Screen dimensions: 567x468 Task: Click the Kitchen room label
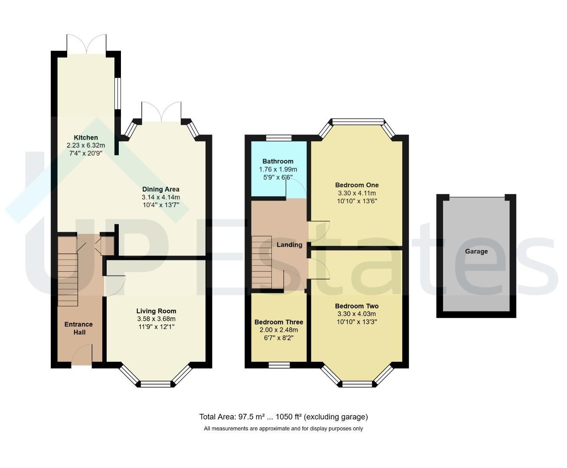click(86, 137)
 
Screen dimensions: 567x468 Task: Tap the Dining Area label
click(161, 189)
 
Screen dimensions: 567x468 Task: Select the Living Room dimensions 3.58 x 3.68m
click(156, 318)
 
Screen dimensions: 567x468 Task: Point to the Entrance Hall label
click(79, 328)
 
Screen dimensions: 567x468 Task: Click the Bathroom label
click(278, 161)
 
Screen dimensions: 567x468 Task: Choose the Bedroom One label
click(357, 185)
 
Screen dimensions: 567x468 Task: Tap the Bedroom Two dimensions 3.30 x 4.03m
click(357, 314)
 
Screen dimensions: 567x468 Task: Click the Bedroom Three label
click(279, 322)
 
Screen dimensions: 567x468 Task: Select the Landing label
click(290, 245)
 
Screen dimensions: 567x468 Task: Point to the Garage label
click(476, 251)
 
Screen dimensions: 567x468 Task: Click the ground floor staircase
click(68, 271)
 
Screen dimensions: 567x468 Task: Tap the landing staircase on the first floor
click(261, 262)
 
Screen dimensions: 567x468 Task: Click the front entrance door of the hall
click(82, 355)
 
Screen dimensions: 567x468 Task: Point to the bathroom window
click(279, 138)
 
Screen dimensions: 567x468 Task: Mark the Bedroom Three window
click(279, 365)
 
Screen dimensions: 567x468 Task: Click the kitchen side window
click(117, 94)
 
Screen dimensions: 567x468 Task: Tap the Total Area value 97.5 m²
click(251, 417)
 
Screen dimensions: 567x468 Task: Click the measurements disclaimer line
click(283, 429)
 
